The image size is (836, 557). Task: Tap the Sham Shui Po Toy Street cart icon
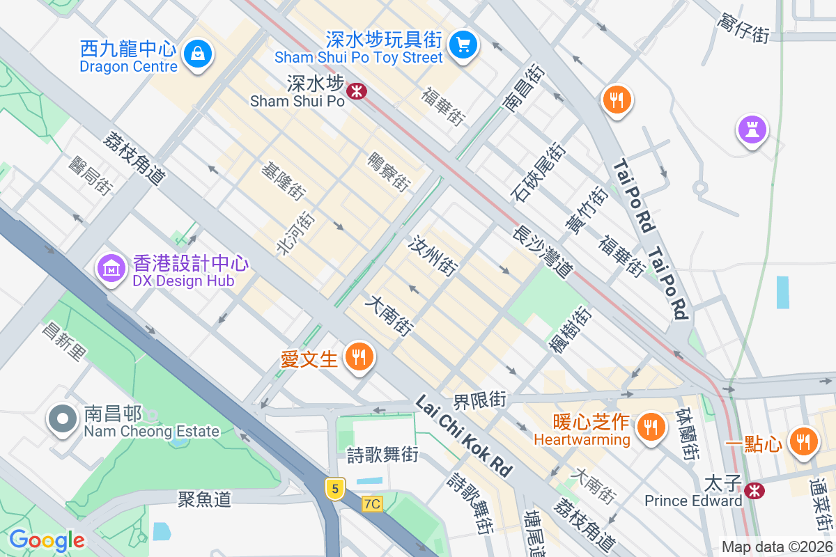[x=462, y=45]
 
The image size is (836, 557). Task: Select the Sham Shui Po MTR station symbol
[x=357, y=91]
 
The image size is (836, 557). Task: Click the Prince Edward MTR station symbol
[x=753, y=490]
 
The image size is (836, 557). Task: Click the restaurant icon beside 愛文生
[x=359, y=358]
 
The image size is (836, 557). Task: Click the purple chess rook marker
[x=752, y=130]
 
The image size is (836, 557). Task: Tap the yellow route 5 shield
[x=335, y=489]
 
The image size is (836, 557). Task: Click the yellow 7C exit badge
[x=372, y=503]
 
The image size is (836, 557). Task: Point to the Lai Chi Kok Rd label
[x=463, y=436]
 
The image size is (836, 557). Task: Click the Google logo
[x=47, y=540]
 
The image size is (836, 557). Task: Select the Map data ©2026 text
[x=777, y=547]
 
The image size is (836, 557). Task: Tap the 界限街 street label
[x=479, y=400]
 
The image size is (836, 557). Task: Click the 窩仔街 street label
[x=743, y=26]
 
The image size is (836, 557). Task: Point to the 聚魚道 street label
[x=204, y=499]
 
